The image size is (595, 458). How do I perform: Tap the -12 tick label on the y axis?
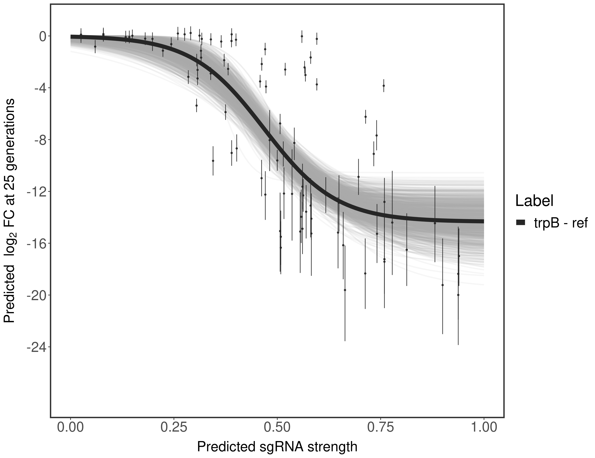click(36, 192)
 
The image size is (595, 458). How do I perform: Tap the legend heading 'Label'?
click(535, 201)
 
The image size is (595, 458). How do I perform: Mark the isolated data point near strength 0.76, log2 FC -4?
click(384, 86)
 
